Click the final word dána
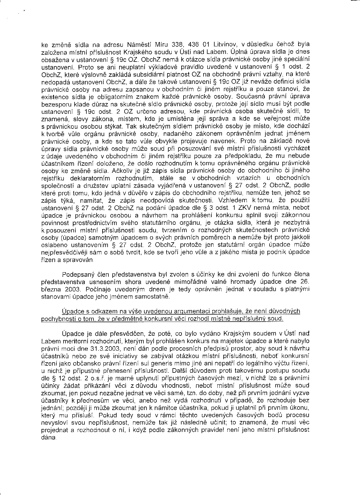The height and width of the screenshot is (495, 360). (49, 438)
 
